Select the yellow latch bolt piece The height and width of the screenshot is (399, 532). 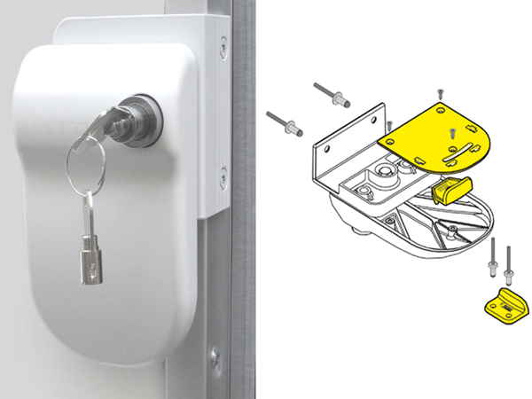click(x=453, y=188)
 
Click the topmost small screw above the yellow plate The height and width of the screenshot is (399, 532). click(x=440, y=92)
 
